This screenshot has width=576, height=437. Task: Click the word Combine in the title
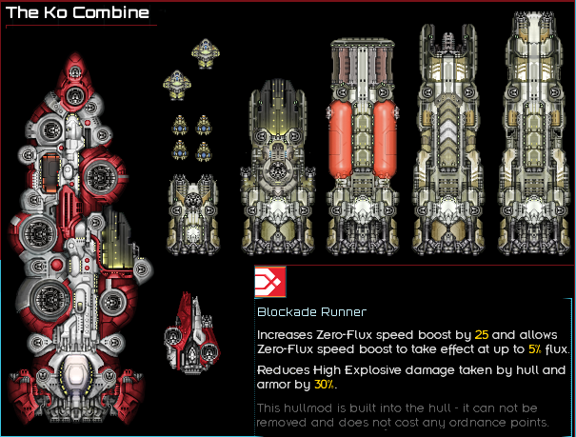[x=110, y=12]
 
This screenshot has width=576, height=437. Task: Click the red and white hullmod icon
[x=270, y=282]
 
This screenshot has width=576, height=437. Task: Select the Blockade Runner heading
[x=311, y=312]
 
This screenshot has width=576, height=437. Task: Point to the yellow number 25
[x=481, y=335]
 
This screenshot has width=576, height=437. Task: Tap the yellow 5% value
[x=535, y=348]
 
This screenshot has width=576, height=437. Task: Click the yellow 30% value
[x=325, y=385]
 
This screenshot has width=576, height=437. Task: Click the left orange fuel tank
[x=340, y=139]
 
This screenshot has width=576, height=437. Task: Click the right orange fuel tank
[x=385, y=139]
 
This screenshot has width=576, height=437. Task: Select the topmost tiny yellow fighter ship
[x=206, y=53]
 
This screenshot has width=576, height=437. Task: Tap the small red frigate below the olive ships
[x=191, y=333]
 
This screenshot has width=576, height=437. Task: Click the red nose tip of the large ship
[x=75, y=54]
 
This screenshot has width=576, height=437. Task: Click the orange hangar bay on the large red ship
[x=50, y=172]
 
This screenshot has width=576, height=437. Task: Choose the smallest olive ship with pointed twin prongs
[x=193, y=214]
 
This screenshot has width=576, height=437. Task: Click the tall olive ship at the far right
[x=533, y=133]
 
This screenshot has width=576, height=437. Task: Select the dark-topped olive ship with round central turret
[x=278, y=168]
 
